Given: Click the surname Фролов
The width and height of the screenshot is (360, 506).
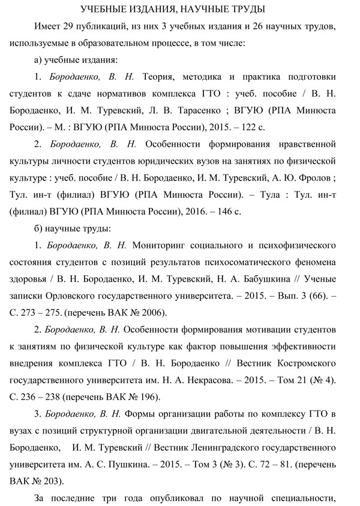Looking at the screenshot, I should (x=301, y=179).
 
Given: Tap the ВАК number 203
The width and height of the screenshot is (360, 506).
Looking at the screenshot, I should (x=50, y=481).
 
